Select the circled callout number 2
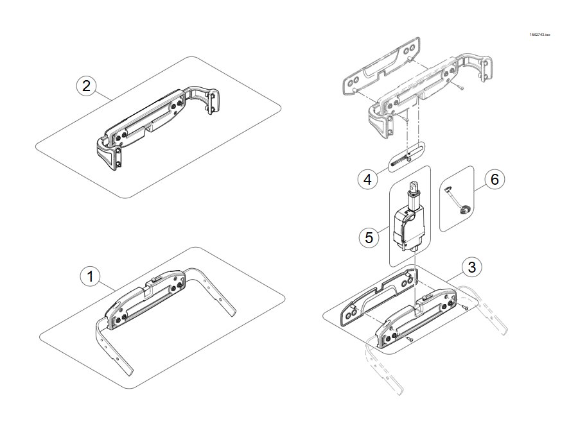point(86,86)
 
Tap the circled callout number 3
point(472,267)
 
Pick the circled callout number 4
point(368,180)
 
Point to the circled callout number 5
point(369,237)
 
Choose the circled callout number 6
point(495,180)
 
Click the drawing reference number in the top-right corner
point(539,35)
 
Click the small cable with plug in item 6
point(457,201)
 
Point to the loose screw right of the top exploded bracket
point(460,88)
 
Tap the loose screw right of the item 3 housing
point(464,306)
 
